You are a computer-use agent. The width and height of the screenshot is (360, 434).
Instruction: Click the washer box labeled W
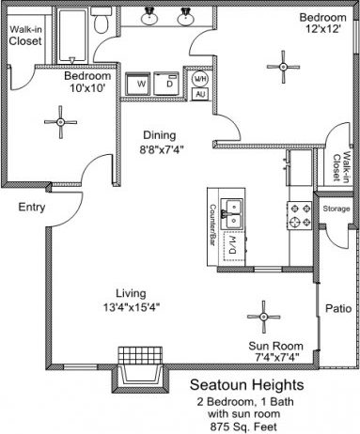(142, 83)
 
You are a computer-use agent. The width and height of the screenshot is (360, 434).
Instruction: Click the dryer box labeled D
(169, 83)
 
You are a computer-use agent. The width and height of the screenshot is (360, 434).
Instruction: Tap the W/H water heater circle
(199, 78)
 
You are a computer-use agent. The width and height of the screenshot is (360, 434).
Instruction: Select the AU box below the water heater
(199, 94)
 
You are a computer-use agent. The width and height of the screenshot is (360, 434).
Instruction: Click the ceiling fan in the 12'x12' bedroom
(279, 65)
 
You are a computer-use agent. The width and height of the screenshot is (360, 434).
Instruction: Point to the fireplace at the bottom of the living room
(139, 374)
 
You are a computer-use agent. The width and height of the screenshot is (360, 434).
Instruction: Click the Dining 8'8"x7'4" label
(167, 141)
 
